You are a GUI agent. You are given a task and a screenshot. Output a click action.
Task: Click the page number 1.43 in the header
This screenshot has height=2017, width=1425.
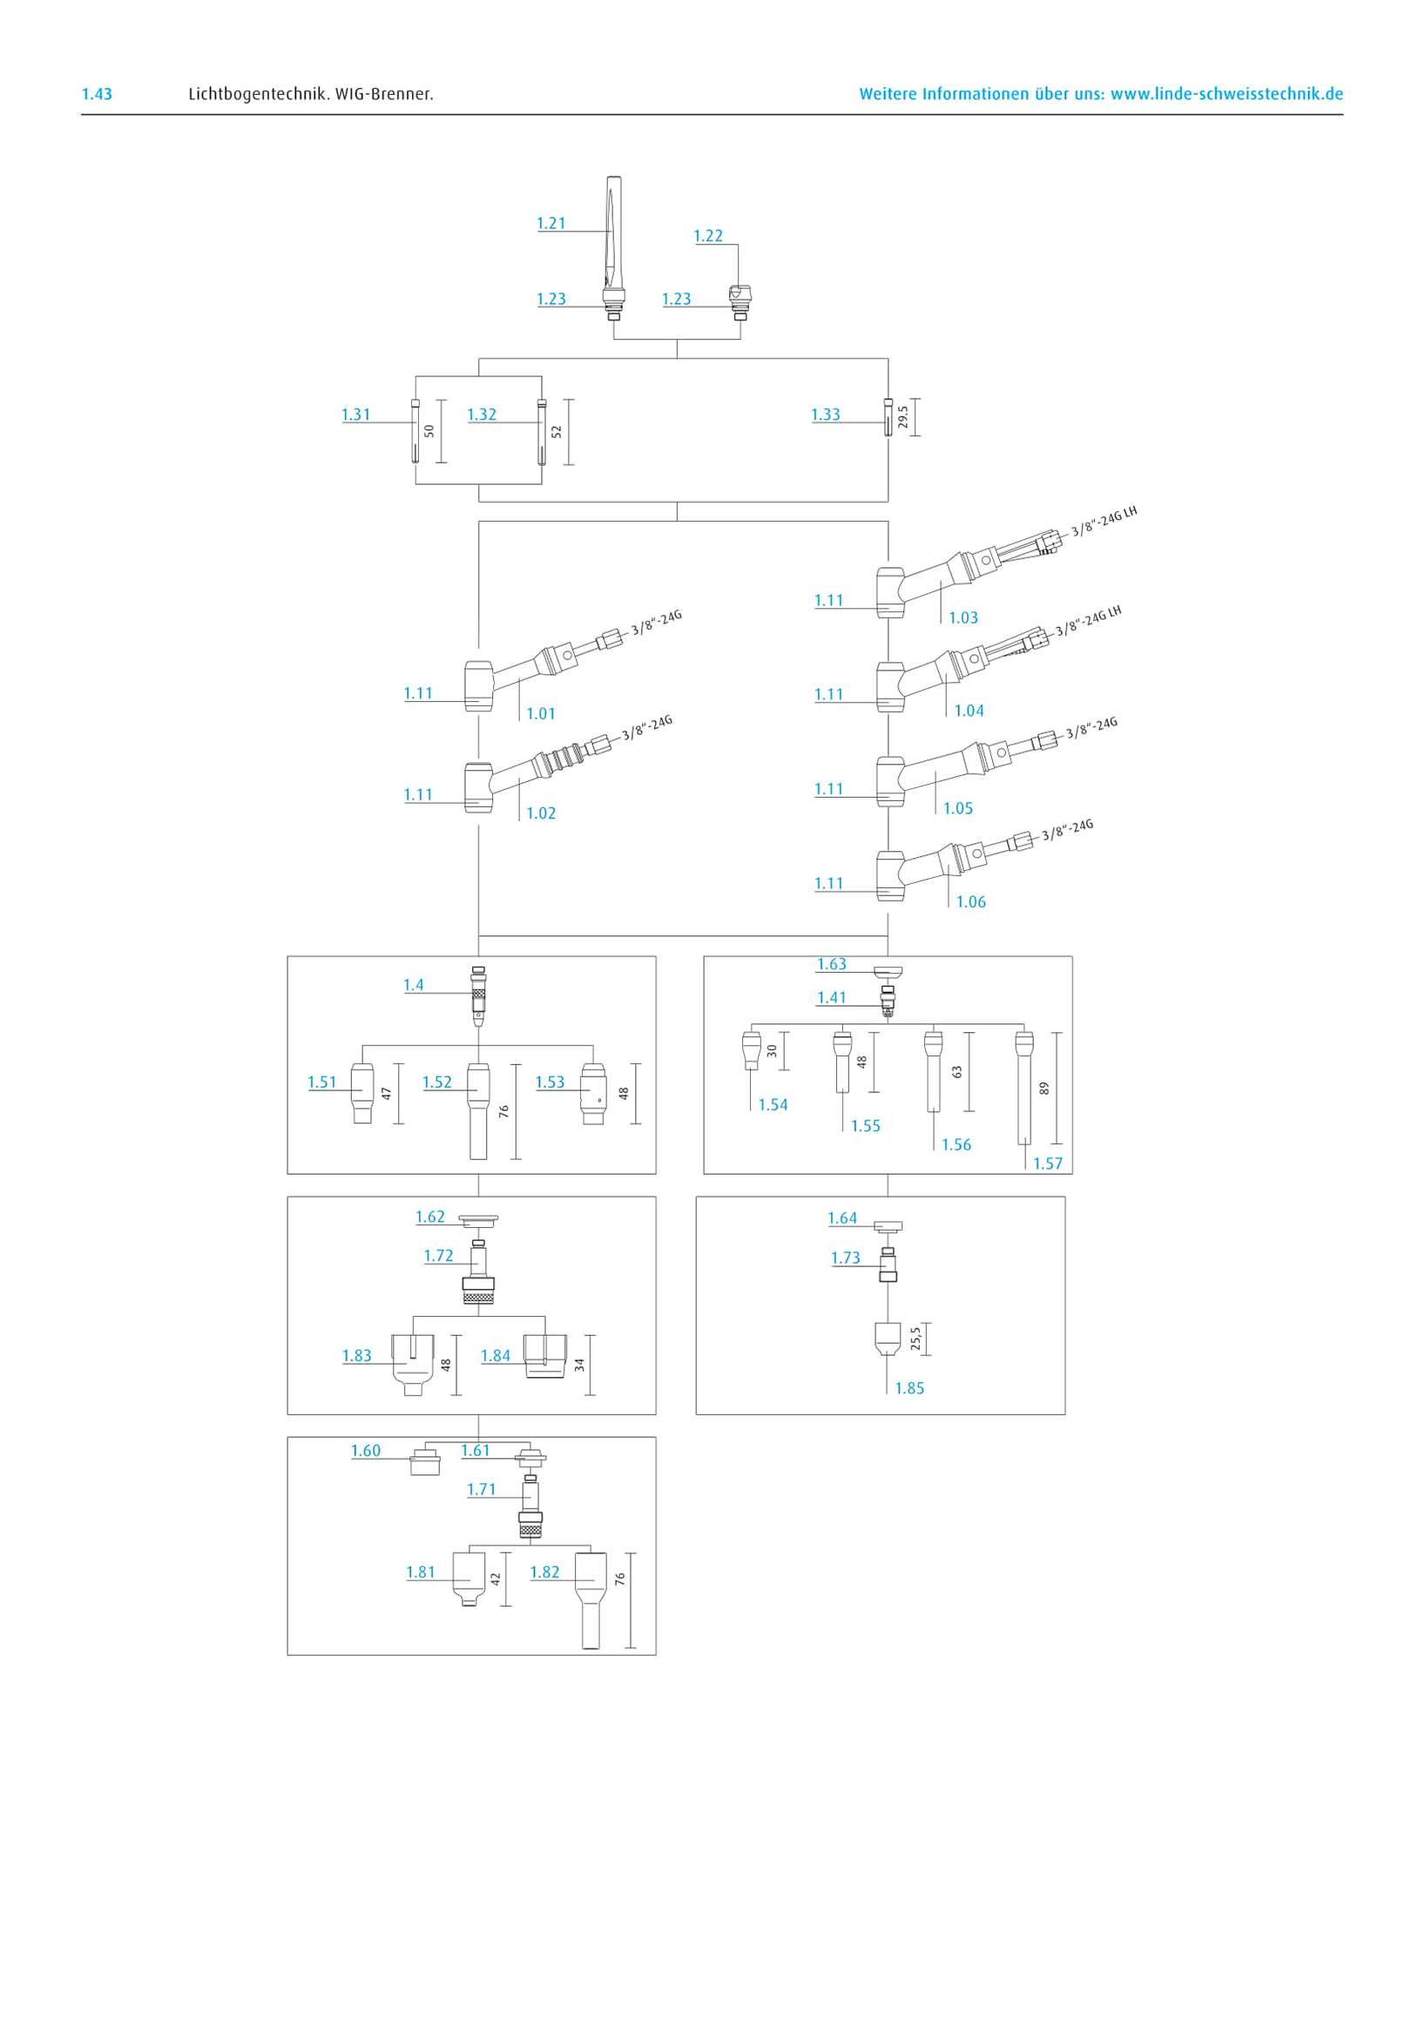(97, 94)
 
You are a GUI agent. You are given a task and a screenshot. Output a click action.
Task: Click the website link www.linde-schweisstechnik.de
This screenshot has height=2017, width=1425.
(1226, 94)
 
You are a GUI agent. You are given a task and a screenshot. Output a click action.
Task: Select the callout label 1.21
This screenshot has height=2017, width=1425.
(550, 223)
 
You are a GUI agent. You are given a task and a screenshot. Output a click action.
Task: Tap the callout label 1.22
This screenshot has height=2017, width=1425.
(707, 235)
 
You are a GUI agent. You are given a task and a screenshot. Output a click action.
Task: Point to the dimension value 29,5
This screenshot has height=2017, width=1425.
(903, 416)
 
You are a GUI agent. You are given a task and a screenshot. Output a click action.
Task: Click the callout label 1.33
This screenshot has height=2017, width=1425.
(825, 415)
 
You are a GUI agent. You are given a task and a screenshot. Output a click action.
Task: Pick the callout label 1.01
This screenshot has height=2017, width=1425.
(540, 713)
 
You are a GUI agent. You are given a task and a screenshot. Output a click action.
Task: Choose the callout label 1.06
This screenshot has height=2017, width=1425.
(971, 901)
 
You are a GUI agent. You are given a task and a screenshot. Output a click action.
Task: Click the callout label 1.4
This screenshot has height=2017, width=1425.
(413, 985)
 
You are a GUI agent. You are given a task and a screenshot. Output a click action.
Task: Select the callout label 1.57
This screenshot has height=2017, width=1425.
(1047, 1164)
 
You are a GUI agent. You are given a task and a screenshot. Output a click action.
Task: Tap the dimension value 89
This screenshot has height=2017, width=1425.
(1043, 1088)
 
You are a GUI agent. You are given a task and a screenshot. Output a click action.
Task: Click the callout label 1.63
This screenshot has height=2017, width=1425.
(831, 964)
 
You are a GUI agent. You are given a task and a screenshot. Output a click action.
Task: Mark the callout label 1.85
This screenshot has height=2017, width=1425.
(909, 1388)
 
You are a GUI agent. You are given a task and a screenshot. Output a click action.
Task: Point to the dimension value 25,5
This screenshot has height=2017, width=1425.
(915, 1338)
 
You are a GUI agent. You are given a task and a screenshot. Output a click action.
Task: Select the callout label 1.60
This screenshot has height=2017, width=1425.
(366, 1450)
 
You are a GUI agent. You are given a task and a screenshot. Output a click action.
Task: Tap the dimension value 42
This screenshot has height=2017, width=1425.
(495, 1579)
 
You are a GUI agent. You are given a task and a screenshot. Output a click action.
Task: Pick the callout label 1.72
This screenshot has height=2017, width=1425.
(438, 1255)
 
